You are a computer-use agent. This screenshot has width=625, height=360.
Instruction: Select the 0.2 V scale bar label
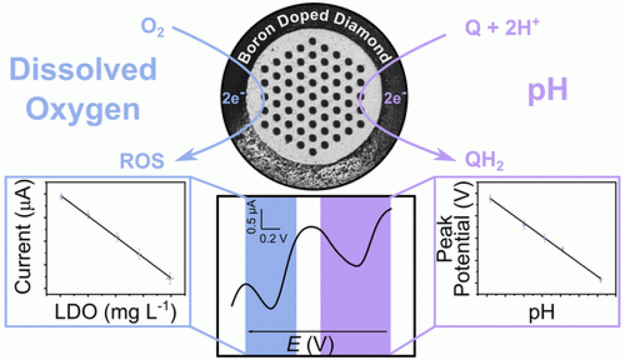(x=274, y=239)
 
